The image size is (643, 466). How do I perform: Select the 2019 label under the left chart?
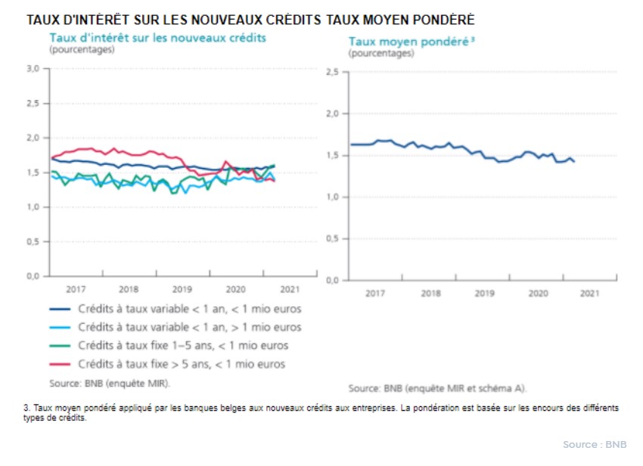181,289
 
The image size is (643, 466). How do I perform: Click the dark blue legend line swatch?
60,309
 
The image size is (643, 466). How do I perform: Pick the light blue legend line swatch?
60,328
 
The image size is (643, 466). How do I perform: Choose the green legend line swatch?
60,346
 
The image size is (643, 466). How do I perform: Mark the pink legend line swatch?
60,364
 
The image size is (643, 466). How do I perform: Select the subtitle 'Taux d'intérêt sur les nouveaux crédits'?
157,38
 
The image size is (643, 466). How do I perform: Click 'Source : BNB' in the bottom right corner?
595,444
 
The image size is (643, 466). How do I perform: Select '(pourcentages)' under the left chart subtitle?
82,50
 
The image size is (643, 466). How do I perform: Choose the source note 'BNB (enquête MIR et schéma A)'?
438,388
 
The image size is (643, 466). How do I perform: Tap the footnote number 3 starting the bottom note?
26,408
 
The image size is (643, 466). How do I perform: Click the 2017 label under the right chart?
376,293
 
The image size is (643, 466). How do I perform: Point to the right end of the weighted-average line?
574,161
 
